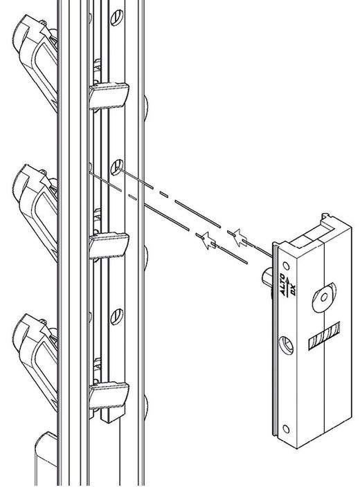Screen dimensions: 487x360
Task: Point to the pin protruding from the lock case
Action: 265,277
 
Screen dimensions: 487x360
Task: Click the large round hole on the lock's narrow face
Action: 285,344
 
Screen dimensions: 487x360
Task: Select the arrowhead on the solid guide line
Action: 206,240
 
